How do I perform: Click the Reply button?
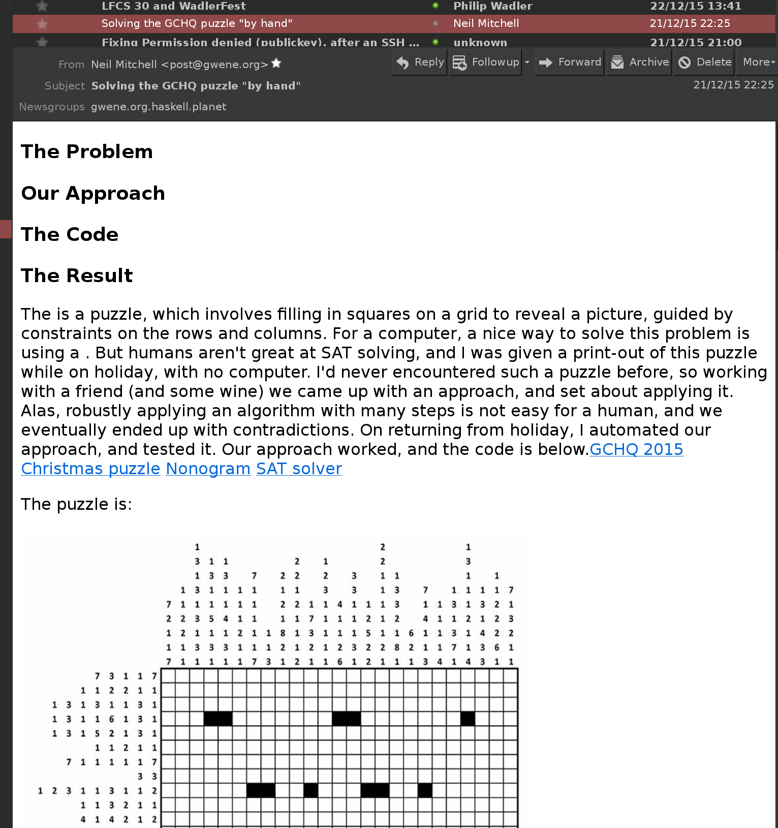420,63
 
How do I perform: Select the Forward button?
570,63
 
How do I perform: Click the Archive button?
640,63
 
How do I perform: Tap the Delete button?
705,63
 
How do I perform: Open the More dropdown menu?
758,63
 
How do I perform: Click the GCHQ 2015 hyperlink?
636,449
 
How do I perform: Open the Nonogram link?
208,469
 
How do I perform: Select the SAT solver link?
299,469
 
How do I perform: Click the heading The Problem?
87,152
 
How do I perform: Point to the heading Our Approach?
93,194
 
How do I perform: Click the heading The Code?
70,235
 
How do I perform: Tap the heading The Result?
77,276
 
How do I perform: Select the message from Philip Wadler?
492,6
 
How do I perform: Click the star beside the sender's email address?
276,64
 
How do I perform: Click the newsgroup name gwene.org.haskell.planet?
159,107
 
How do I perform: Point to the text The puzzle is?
76,504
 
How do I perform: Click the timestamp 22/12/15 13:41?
695,6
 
